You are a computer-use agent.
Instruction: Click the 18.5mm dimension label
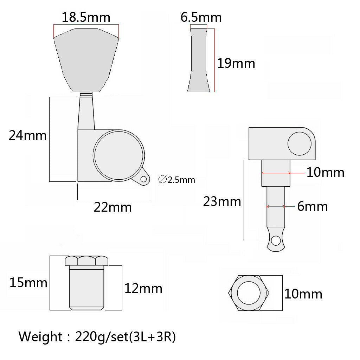point(86,18)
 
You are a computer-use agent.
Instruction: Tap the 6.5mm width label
point(201,18)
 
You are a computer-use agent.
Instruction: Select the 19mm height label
point(236,63)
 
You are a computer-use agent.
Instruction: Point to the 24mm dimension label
point(27,135)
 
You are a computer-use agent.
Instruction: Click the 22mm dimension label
point(113,207)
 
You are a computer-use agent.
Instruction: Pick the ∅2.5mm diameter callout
point(177,180)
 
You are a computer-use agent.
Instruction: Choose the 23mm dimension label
point(222,201)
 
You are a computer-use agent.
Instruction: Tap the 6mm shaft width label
point(313,206)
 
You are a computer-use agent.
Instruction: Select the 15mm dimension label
point(28,283)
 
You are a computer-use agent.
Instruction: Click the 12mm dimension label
point(143,289)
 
